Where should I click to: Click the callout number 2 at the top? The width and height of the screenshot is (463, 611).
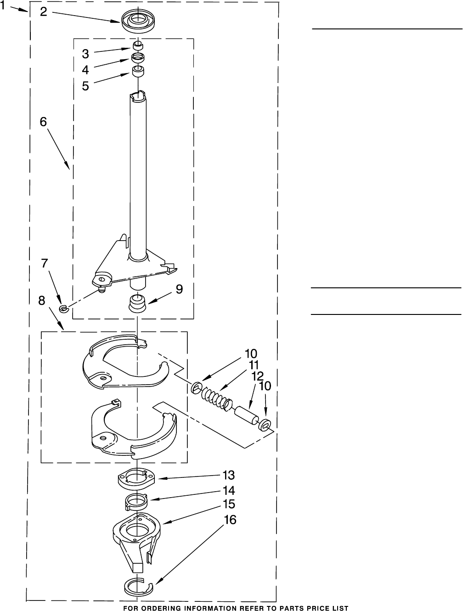coord(44,12)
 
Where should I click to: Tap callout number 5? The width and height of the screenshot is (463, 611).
coord(85,86)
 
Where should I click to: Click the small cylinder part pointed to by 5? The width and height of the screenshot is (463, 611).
coord(138,71)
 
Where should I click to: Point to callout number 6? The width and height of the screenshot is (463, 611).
coord(43,122)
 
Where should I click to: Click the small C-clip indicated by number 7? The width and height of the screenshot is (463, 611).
coord(64,308)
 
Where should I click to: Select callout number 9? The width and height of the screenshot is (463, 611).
coord(179,289)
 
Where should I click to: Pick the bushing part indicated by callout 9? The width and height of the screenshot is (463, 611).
coord(137,304)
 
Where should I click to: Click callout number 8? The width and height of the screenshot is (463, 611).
coord(42,301)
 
